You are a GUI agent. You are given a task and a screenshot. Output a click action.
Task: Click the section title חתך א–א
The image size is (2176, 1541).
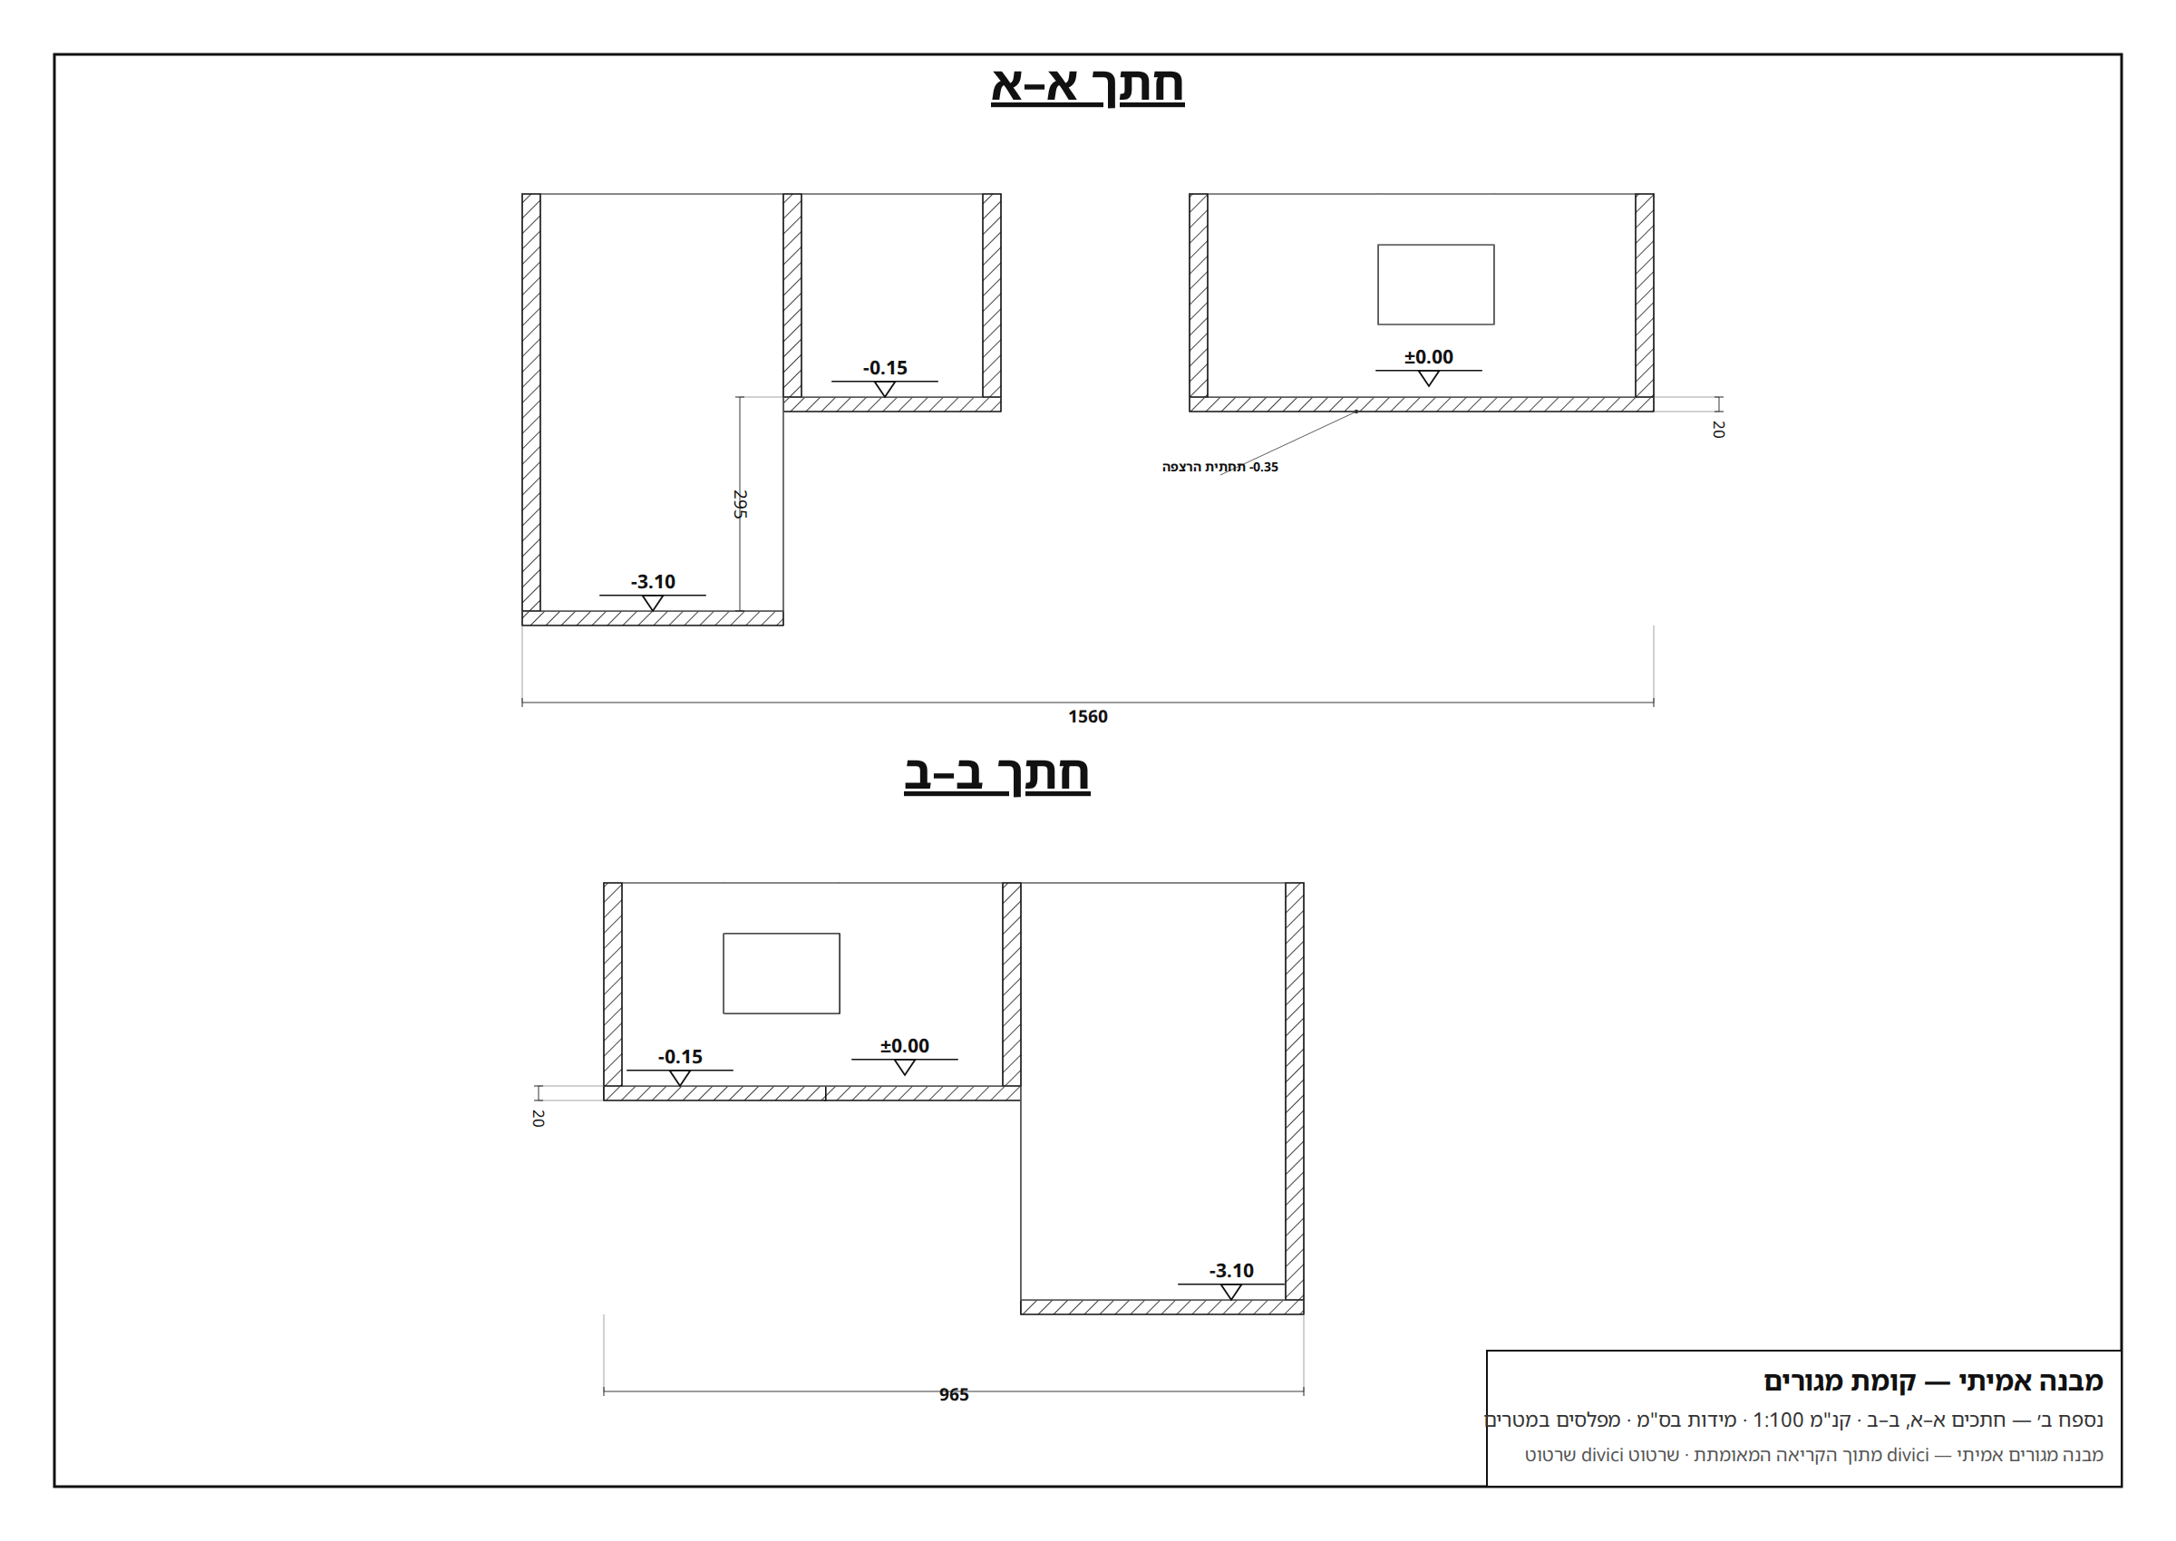pos(1087,85)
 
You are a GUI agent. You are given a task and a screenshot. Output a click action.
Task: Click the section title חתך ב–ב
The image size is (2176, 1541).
pos(996,774)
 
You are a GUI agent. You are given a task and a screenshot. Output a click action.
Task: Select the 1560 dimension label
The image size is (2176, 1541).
pos(1087,716)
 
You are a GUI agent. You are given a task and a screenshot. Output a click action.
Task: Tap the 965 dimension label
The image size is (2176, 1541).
pos(954,1394)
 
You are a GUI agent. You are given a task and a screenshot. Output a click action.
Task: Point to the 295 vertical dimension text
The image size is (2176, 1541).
pos(740,504)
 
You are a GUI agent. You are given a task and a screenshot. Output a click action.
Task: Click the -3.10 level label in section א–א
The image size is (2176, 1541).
pos(653,582)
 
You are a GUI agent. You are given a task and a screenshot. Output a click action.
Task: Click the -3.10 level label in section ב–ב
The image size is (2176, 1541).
pos(1231,1271)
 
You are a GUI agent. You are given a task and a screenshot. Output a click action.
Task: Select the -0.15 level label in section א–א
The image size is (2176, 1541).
pos(884,368)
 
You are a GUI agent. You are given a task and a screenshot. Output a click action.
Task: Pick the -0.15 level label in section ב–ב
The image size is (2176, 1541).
pos(679,1057)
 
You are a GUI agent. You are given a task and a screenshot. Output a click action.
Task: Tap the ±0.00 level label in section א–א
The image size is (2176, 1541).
pos(1428,357)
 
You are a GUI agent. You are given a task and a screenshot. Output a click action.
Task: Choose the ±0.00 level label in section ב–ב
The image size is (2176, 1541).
pos(904,1046)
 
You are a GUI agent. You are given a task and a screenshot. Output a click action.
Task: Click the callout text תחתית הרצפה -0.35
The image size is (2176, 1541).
pos(1219,467)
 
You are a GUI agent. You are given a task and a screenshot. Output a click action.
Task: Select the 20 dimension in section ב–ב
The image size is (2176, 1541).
pos(538,1118)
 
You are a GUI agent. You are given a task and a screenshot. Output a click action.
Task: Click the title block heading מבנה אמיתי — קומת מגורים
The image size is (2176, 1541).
pos(1933,1381)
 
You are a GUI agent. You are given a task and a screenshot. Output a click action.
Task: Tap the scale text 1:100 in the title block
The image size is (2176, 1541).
pos(1777,1420)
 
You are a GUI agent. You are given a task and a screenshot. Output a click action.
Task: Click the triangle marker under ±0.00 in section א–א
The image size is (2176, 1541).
pos(1428,379)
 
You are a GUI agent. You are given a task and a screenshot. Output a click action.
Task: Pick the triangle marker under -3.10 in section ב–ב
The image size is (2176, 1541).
pos(1231,1293)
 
